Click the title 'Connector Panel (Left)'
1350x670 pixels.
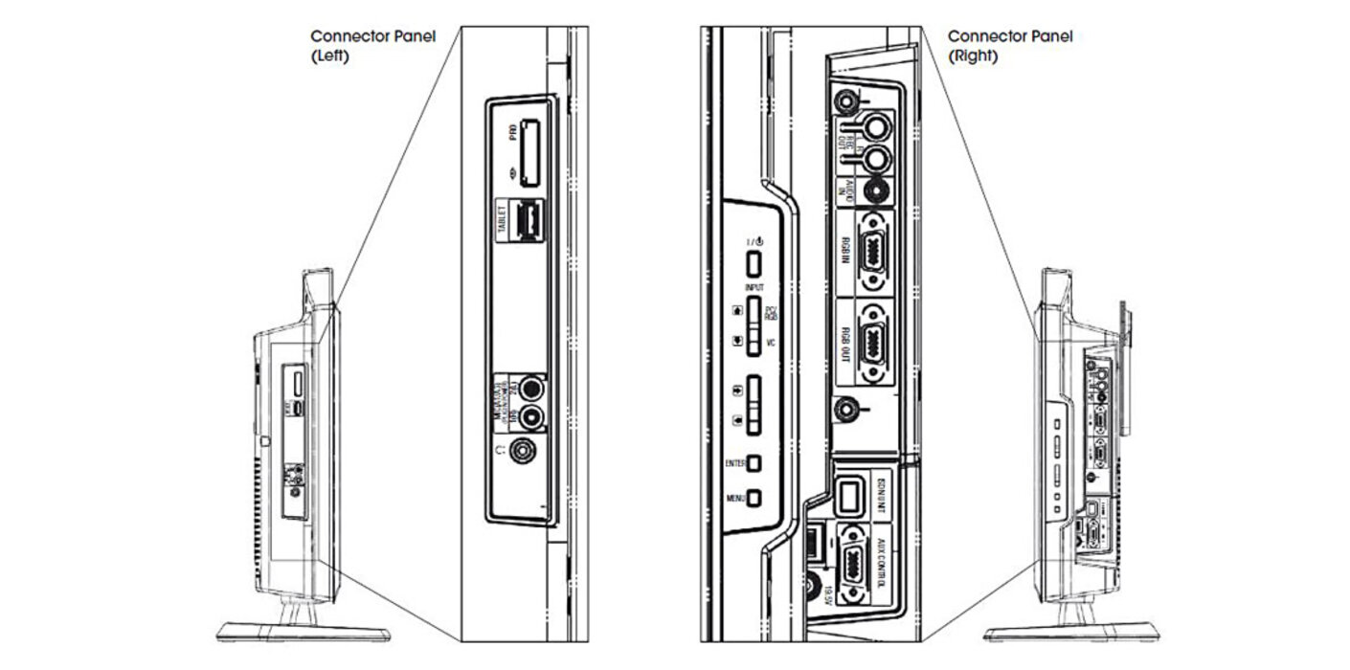pos(372,45)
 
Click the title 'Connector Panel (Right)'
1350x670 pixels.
pos(1010,45)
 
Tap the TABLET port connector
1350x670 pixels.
pos(528,223)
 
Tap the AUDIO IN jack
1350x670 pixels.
pos(873,190)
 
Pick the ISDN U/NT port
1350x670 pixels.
pos(849,496)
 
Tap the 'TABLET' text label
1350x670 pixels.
pos(501,223)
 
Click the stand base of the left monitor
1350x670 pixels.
pos(303,632)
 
